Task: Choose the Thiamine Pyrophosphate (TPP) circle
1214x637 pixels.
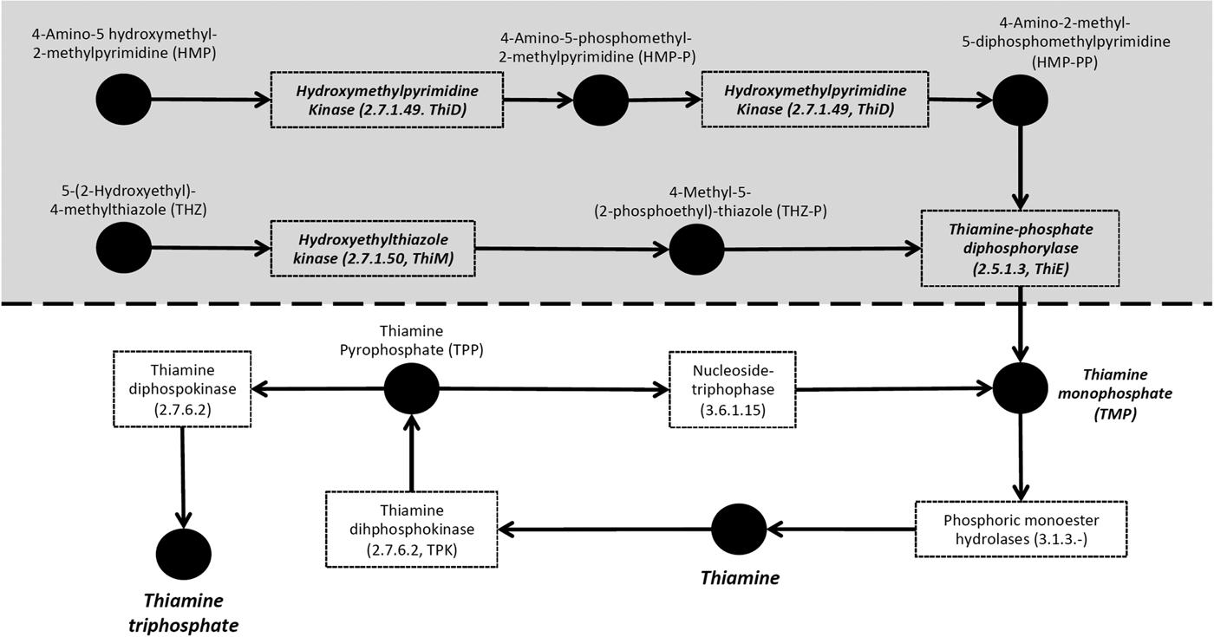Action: pyautogui.click(x=412, y=389)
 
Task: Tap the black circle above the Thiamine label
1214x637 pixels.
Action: pyautogui.click(x=740, y=525)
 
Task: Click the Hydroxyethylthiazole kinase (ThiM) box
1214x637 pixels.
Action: pyautogui.click(x=374, y=248)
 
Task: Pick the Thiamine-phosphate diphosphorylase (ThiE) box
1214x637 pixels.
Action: pyautogui.click(x=1021, y=248)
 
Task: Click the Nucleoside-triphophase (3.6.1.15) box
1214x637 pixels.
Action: pyautogui.click(x=733, y=388)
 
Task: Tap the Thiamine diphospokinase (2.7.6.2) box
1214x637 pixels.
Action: pyautogui.click(x=182, y=388)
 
